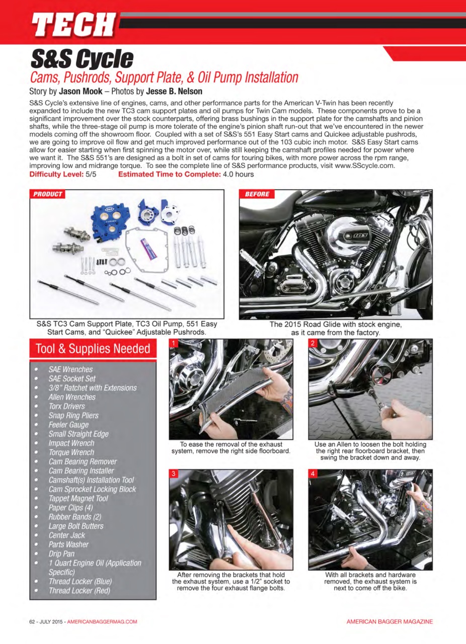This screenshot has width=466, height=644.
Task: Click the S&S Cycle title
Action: point(82,59)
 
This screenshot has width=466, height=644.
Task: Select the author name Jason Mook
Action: point(81,92)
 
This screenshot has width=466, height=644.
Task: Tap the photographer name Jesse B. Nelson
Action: point(174,92)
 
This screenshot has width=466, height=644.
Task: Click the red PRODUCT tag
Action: point(48,194)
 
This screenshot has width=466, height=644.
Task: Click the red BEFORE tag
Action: point(257,194)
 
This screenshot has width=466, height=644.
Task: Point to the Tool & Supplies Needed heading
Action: point(93,349)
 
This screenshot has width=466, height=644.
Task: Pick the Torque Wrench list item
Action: point(71,452)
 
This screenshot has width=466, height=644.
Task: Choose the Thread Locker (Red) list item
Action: point(79,591)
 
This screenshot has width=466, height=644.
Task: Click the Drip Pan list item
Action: point(61,553)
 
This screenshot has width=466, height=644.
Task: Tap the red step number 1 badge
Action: point(174,344)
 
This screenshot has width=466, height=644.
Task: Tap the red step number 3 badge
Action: point(174,474)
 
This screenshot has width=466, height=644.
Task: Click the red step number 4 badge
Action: point(313,474)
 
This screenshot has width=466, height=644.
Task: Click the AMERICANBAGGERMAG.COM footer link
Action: point(102,622)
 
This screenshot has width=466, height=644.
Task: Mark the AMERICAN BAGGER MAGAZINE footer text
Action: point(389,622)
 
